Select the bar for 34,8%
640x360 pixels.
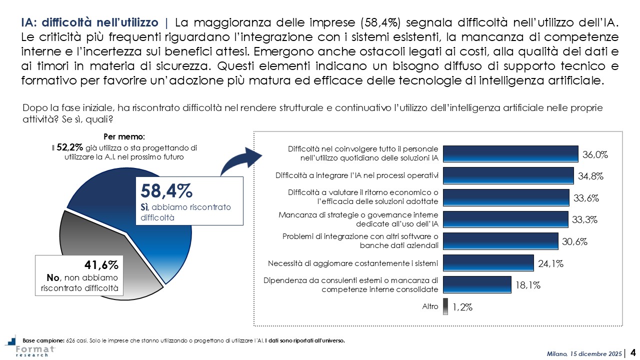pyautogui.click(x=508, y=175)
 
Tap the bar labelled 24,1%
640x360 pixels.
pyautogui.click(x=488, y=263)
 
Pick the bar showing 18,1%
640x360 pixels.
pyautogui.click(x=477, y=285)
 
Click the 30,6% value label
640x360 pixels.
pyautogui.click(x=574, y=241)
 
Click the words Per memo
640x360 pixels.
pyautogui.click(x=124, y=136)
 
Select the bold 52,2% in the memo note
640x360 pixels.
pyautogui.click(x=68, y=147)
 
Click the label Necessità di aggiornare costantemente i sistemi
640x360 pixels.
pyautogui.click(x=353, y=263)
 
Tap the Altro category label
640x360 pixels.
pyautogui.click(x=430, y=306)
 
